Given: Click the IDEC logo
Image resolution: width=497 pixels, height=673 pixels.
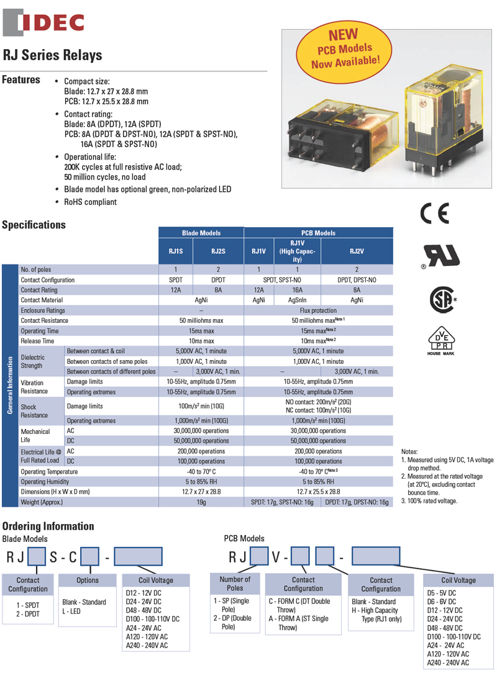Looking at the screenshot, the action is [x=43, y=22].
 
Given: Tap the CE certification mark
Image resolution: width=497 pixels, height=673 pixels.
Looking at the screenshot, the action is [x=434, y=214].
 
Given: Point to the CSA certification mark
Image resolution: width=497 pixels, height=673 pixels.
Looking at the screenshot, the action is [x=443, y=300].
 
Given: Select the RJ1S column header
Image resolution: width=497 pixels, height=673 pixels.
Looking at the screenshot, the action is [x=176, y=251].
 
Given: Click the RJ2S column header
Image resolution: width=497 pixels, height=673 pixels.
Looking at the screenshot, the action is [x=218, y=251].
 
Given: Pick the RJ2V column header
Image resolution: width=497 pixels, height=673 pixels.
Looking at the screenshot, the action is [x=357, y=251].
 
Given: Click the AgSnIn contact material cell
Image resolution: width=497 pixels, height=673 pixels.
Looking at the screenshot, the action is [x=297, y=300].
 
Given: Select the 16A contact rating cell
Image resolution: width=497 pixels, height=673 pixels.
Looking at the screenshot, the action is [x=297, y=290].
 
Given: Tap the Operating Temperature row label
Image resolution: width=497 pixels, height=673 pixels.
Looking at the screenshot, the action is [x=50, y=472].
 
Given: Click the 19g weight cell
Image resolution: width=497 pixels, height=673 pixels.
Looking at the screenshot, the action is [x=201, y=502].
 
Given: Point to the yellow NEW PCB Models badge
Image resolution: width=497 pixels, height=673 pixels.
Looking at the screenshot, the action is [x=344, y=50].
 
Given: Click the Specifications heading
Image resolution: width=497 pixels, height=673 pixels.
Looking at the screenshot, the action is [x=34, y=225].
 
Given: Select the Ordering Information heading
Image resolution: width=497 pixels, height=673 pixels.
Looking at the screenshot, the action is [x=48, y=526].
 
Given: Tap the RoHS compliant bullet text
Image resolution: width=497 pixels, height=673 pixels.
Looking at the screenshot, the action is [x=90, y=202].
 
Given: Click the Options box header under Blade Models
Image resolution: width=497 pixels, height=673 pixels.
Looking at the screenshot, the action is [x=88, y=580].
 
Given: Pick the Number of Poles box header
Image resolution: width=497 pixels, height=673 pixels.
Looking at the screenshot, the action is [x=235, y=584].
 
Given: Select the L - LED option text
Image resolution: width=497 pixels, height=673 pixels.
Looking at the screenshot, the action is [x=71, y=611].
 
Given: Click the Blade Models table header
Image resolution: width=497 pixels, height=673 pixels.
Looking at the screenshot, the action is [x=201, y=233].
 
